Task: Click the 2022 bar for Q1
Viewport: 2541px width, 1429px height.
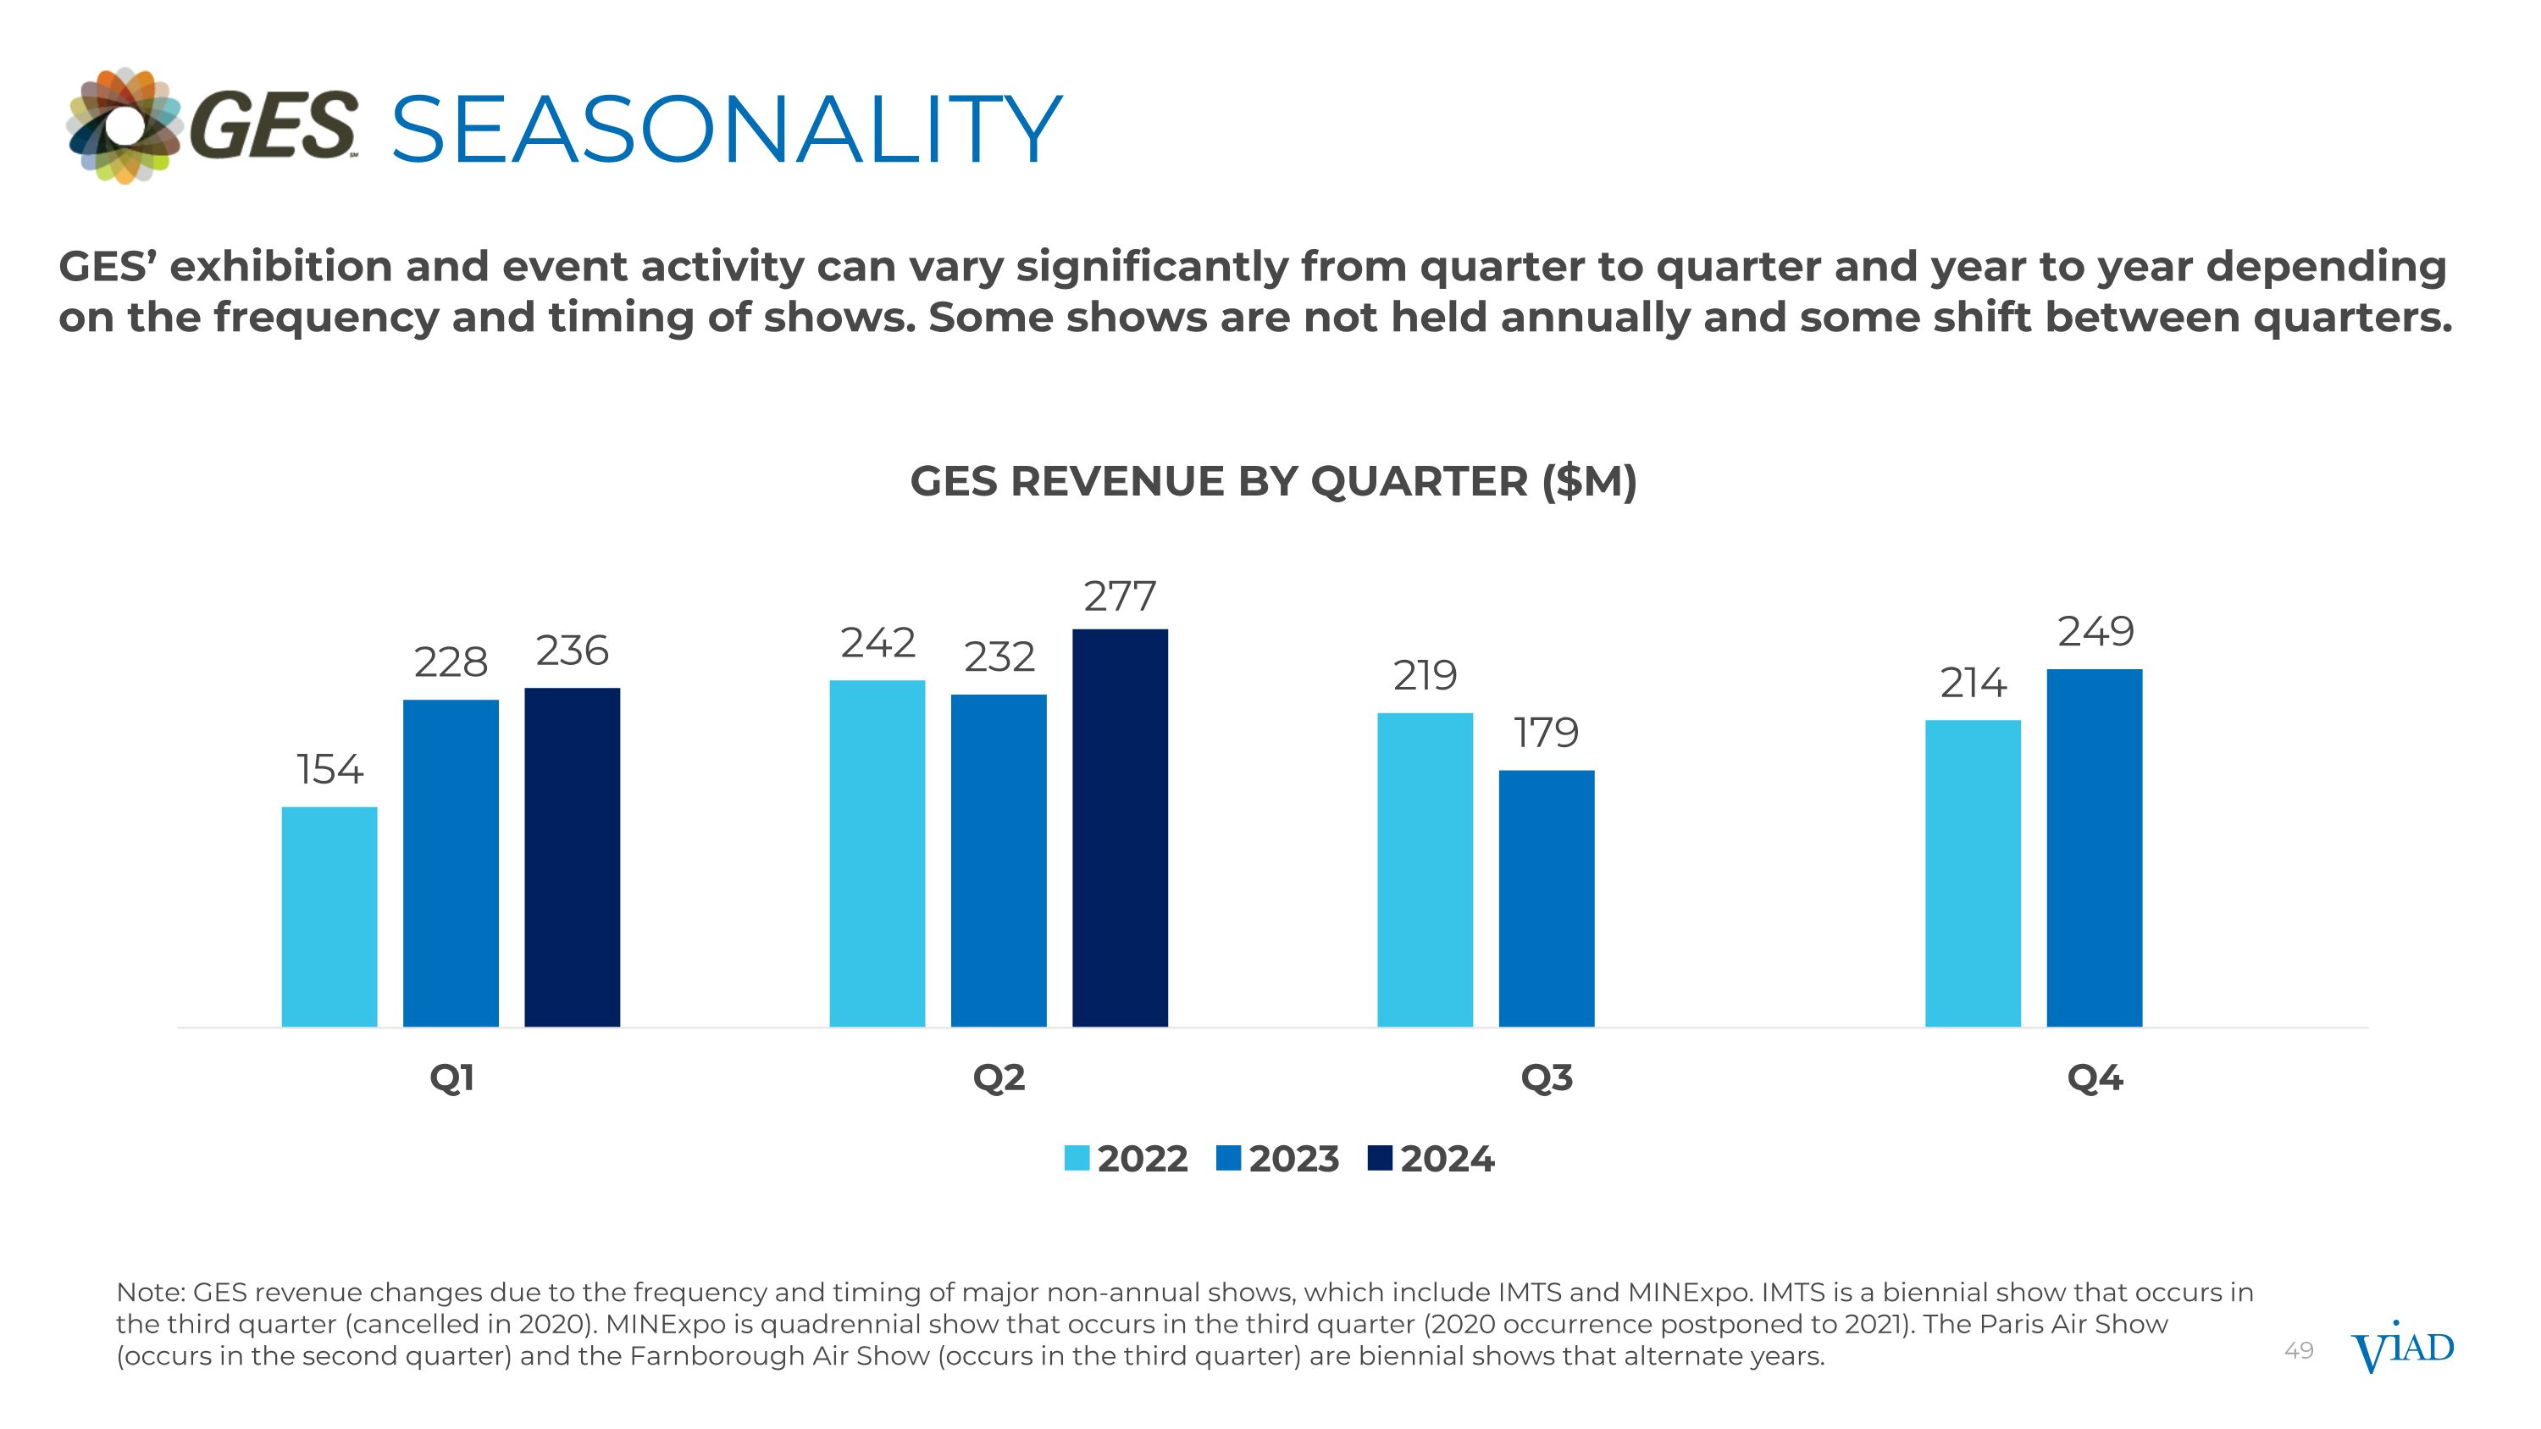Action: tap(329, 917)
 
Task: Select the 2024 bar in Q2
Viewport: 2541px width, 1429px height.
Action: tap(1120, 828)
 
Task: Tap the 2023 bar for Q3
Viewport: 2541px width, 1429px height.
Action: tap(1546, 897)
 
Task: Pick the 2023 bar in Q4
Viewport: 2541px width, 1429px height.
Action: tap(2094, 847)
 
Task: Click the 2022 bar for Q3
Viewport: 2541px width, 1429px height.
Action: tap(1425, 869)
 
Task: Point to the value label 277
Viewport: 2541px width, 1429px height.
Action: tap(1120, 596)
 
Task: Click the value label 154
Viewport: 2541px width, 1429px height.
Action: tap(329, 770)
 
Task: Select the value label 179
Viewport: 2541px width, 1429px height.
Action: tap(1546, 733)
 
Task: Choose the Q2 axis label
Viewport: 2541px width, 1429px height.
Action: tap(999, 1078)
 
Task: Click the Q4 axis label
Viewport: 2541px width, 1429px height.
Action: tap(2094, 1078)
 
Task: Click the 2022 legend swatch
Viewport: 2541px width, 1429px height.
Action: tap(1077, 1158)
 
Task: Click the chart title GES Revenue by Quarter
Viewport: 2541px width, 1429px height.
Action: tap(1272, 481)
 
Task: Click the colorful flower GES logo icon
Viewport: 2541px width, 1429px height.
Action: tap(125, 125)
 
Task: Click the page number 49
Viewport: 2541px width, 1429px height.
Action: tap(2299, 1350)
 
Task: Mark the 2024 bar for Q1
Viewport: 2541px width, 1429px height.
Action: tap(572, 857)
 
